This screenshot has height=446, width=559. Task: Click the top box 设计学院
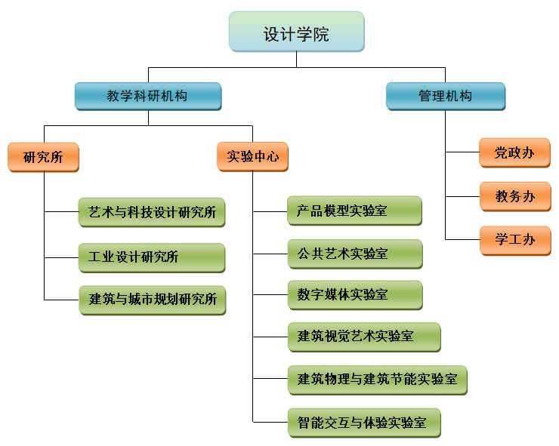coord(296,34)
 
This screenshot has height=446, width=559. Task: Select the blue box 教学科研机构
coord(147,97)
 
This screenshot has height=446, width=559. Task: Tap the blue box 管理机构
coord(445,97)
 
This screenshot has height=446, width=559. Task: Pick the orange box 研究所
coord(43,157)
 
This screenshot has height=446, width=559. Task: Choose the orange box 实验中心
coord(252,157)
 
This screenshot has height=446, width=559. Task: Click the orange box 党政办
coord(514,153)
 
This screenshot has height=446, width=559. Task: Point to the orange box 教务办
coord(514,197)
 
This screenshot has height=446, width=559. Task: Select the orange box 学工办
coord(514,240)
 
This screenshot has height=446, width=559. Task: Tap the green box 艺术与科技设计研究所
coord(152,213)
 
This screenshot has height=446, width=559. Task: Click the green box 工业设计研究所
coord(152,257)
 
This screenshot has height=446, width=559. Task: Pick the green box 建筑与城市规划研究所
coord(152,300)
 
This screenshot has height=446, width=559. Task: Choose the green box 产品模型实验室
coord(354,211)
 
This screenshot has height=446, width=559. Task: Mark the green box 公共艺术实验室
coord(354,254)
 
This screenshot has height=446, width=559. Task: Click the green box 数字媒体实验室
coord(354,295)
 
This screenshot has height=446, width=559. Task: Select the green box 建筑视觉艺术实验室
coord(363,337)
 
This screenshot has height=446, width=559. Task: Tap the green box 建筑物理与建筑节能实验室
coord(377,380)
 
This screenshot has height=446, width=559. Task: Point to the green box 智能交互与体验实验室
coord(363,423)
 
